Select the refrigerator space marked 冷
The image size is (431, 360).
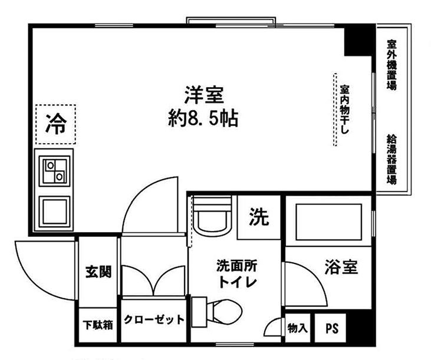[55, 123]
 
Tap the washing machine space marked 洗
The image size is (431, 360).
[259, 217]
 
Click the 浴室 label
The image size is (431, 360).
[340, 267]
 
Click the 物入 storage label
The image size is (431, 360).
[297, 328]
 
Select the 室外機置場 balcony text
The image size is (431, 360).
[391, 65]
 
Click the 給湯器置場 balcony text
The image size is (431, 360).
[391, 160]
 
